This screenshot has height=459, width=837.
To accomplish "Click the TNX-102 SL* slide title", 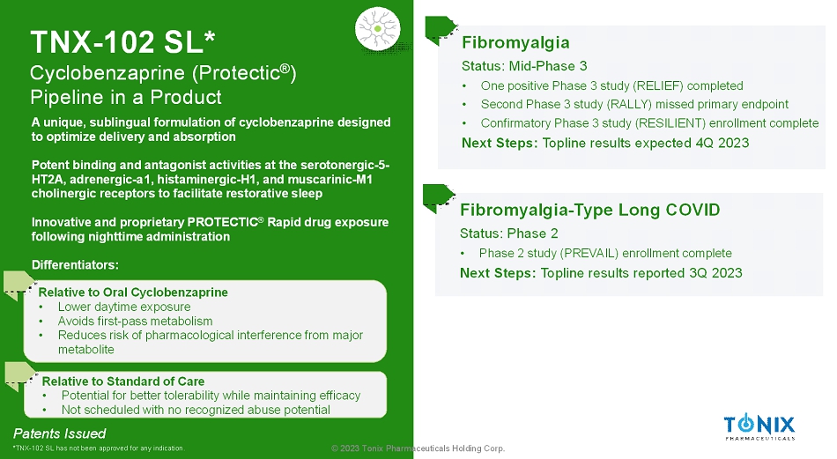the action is click(x=122, y=42).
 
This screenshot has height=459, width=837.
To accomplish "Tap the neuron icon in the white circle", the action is click(x=377, y=29).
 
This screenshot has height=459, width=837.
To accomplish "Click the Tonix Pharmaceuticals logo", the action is click(x=759, y=427).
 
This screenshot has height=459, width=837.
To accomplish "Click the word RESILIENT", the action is click(x=671, y=123).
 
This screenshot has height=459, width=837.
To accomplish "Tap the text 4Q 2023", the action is click(x=722, y=143).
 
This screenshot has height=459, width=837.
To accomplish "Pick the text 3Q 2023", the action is click(x=715, y=273).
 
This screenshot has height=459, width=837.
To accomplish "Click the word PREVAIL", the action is click(x=589, y=253).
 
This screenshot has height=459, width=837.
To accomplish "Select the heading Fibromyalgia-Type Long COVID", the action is click(x=589, y=210).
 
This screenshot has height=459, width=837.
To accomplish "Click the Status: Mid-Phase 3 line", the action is click(x=524, y=66).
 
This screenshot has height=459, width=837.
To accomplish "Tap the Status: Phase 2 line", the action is click(x=508, y=233).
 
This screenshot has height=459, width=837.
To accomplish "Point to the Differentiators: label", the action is click(x=75, y=265).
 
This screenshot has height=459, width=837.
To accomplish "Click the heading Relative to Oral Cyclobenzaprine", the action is click(x=133, y=292).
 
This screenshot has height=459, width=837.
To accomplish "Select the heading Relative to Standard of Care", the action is click(x=123, y=381).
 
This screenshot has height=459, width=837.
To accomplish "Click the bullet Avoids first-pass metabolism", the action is click(x=135, y=322).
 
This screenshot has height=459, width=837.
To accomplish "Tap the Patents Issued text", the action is click(x=59, y=433).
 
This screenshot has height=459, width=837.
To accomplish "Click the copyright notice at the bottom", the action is click(x=418, y=448).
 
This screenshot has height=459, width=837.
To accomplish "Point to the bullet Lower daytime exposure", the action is click(x=124, y=307).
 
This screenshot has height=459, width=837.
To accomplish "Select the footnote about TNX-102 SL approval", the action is click(x=99, y=448).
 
